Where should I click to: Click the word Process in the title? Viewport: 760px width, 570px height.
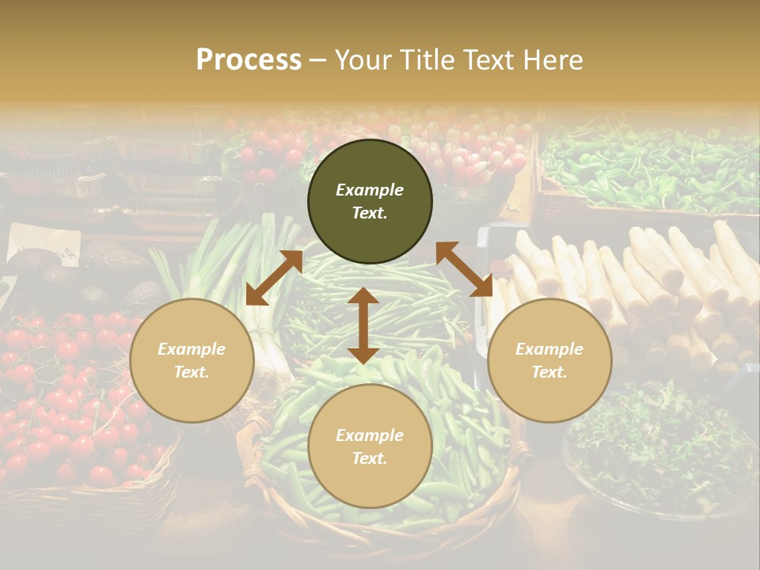(249, 60)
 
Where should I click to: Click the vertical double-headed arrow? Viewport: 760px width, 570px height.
(363, 325)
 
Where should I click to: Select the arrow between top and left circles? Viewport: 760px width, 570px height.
(274, 278)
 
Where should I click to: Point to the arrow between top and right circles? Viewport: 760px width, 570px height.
(464, 269)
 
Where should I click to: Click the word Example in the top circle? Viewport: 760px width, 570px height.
(370, 190)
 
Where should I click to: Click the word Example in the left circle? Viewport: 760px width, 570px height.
(192, 349)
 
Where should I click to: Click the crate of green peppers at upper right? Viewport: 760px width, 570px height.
(649, 166)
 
